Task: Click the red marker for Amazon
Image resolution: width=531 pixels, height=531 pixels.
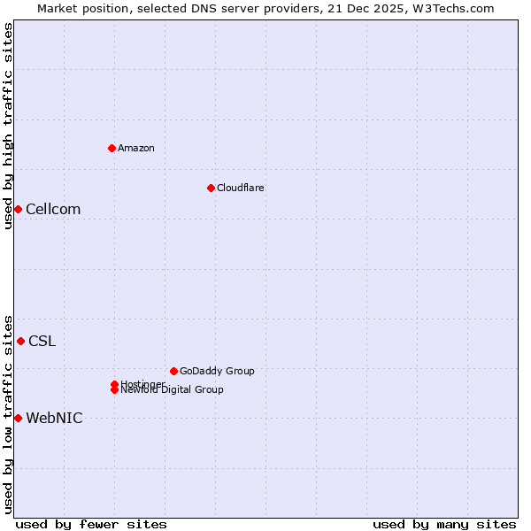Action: (112, 148)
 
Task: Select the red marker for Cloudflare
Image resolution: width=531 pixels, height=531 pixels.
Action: (211, 188)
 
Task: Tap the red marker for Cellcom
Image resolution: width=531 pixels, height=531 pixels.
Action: (18, 209)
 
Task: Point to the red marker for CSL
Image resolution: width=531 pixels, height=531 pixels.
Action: (20, 341)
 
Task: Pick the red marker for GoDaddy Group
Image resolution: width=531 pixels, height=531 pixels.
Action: (173, 371)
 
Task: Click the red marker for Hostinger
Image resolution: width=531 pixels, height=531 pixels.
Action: (115, 384)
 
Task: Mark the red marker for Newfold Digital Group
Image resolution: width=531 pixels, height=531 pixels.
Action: (115, 390)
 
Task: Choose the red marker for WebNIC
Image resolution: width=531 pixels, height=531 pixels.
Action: (18, 418)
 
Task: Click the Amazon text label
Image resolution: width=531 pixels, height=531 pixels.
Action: (136, 148)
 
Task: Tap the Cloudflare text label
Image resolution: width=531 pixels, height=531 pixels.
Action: (241, 188)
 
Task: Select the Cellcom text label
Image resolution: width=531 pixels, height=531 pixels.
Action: (53, 210)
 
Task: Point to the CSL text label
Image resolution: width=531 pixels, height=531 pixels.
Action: (42, 342)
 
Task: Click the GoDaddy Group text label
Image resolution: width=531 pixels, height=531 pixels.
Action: (217, 371)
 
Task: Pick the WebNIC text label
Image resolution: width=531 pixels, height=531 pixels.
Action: (54, 419)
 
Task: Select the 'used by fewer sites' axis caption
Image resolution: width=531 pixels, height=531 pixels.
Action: (91, 524)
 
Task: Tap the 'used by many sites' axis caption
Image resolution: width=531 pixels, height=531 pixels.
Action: (444, 524)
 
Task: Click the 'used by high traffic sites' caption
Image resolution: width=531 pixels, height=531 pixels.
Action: (8, 126)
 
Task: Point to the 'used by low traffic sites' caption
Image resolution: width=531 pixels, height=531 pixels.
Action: (8, 413)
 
